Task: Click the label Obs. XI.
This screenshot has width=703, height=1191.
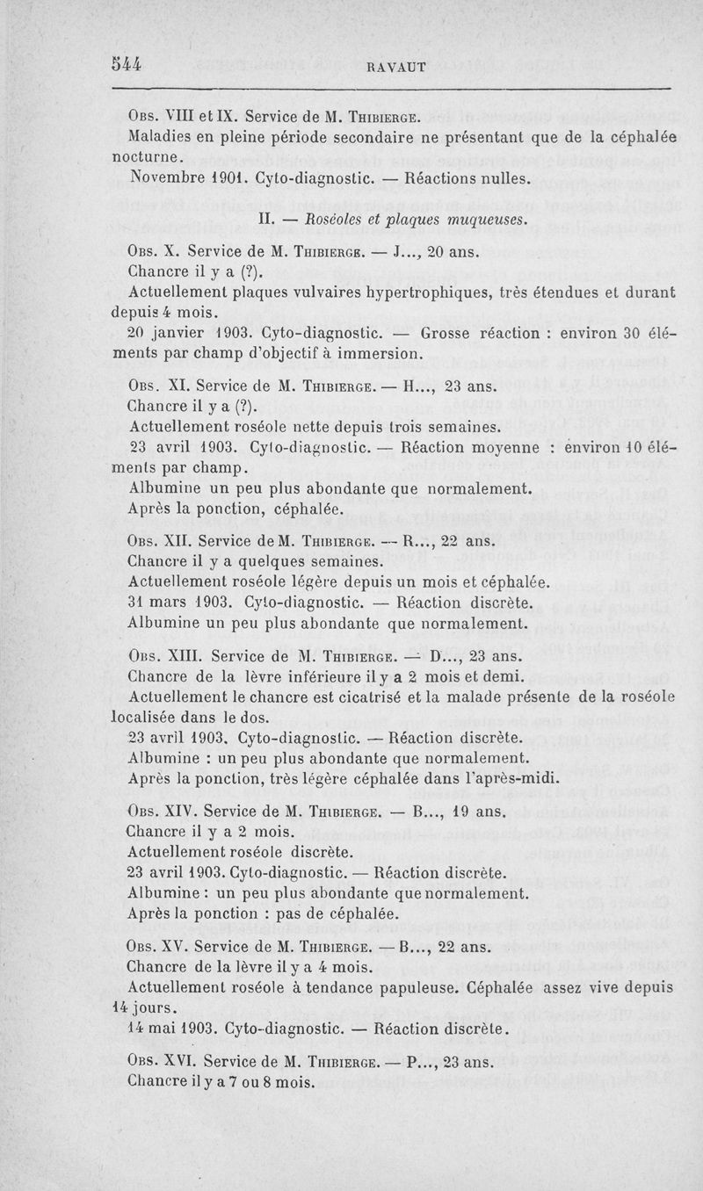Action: pyautogui.click(x=157, y=386)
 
